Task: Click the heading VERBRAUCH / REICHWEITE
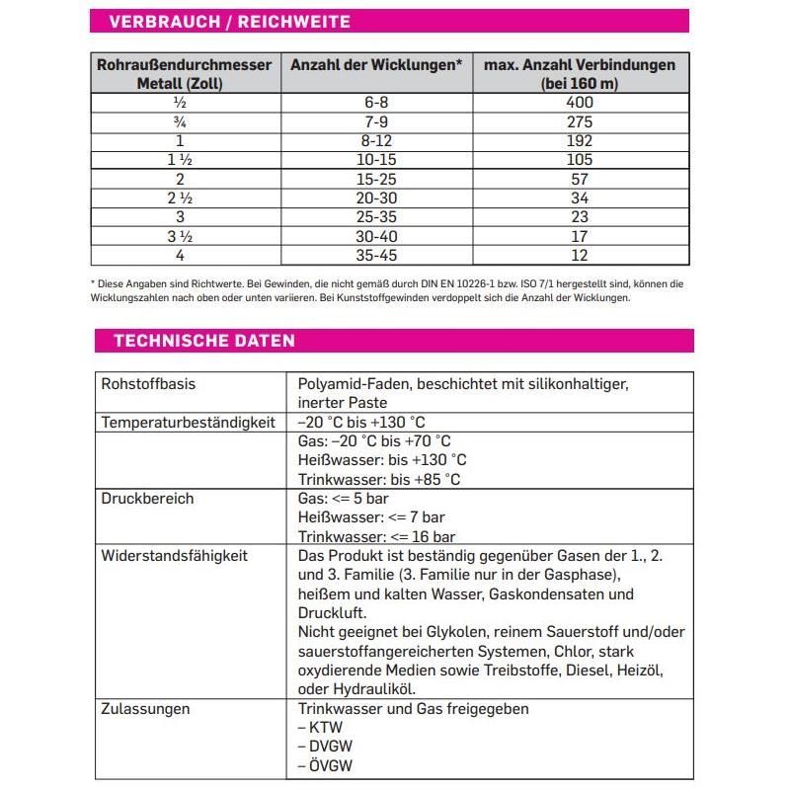pyautogui.click(x=228, y=22)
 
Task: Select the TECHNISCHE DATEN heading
pyautogui.click(x=204, y=341)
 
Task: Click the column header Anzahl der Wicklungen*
pyautogui.click(x=376, y=65)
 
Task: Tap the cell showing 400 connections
pyautogui.click(x=580, y=103)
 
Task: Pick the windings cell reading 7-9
pyautogui.click(x=376, y=122)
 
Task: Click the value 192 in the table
pyautogui.click(x=580, y=141)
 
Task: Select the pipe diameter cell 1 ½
pyautogui.click(x=180, y=160)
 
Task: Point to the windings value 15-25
pyautogui.click(x=376, y=179)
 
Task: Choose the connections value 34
pyautogui.click(x=580, y=198)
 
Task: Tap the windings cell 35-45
pyautogui.click(x=376, y=255)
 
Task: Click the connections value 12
pyautogui.click(x=580, y=255)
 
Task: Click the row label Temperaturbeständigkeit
pyautogui.click(x=186, y=422)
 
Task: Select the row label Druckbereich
pyautogui.click(x=147, y=499)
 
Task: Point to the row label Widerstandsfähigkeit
pyautogui.click(x=174, y=556)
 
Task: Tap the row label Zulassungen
pyautogui.click(x=145, y=709)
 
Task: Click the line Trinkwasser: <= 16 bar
pyautogui.click(x=376, y=537)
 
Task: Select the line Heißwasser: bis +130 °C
pyautogui.click(x=381, y=460)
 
